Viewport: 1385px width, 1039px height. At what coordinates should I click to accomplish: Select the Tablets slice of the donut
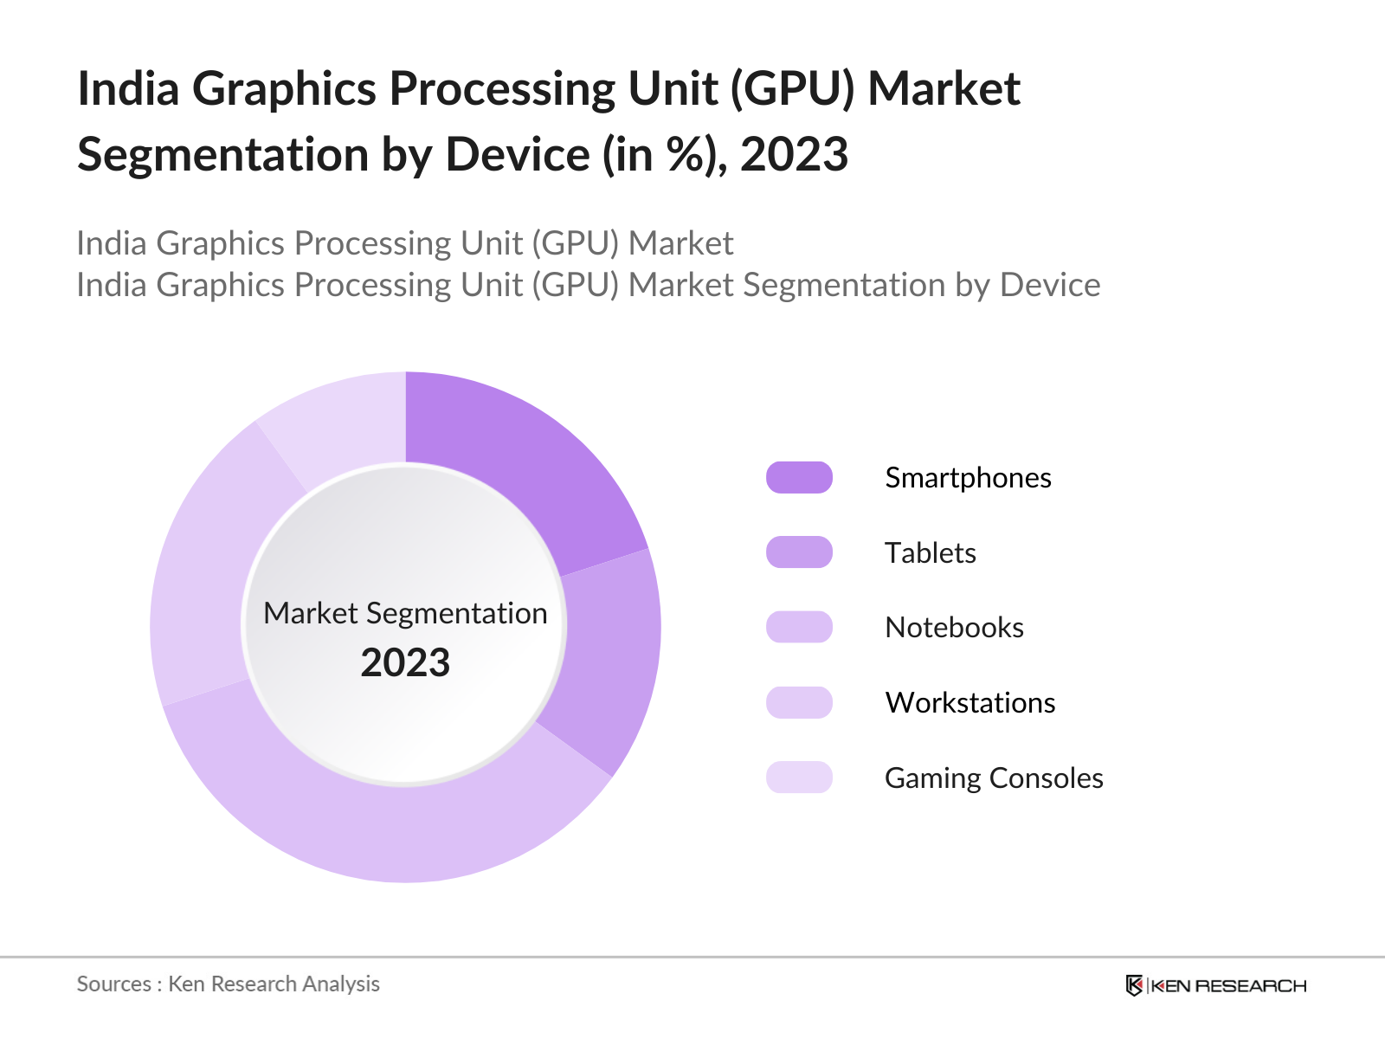tap(610, 658)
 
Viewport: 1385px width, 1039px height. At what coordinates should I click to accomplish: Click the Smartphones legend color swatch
tap(799, 478)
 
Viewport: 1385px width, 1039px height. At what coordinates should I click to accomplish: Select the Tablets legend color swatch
tap(799, 552)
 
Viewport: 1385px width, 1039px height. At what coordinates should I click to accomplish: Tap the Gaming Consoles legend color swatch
tap(799, 778)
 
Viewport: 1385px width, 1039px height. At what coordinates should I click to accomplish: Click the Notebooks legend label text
tap(954, 628)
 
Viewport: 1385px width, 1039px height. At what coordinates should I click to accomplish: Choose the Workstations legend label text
tap(969, 703)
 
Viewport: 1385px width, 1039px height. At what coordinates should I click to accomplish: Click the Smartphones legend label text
tap(968, 478)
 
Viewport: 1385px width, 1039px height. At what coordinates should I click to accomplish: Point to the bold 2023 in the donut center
tap(405, 663)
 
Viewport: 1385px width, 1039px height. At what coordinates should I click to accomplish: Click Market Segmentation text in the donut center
tap(405, 613)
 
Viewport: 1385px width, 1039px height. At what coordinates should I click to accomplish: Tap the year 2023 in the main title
tap(794, 155)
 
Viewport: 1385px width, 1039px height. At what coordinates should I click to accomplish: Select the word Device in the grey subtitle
tap(1049, 285)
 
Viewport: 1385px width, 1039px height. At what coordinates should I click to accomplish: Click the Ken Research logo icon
tap(1134, 985)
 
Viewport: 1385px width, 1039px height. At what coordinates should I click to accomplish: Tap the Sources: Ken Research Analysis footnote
tap(228, 984)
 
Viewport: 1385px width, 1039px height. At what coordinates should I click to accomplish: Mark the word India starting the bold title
tap(128, 89)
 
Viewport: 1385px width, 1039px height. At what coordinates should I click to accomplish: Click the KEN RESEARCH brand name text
tap(1229, 985)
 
